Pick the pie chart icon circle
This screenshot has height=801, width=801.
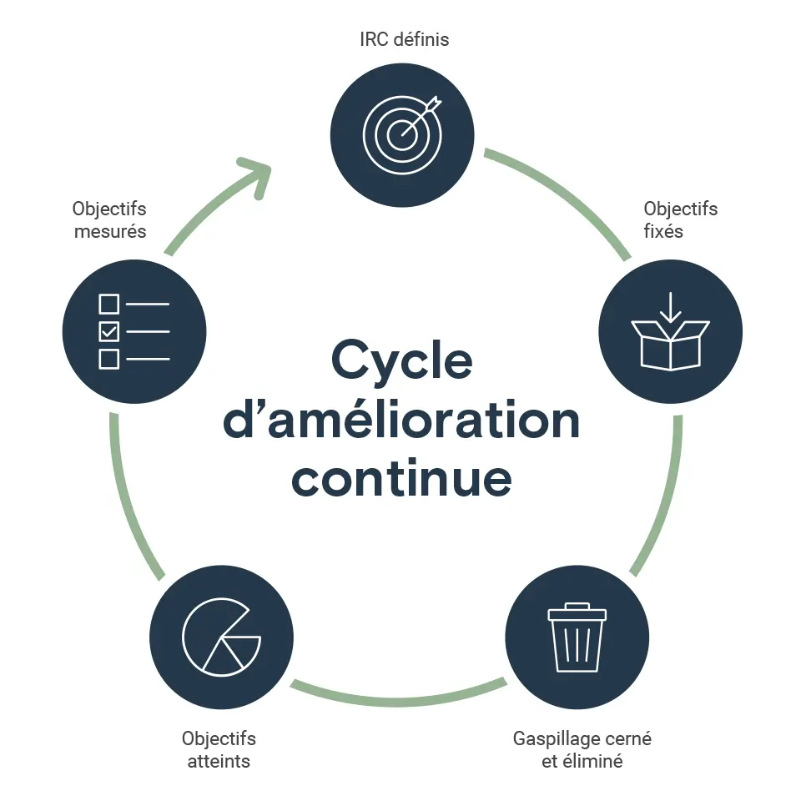point(221,636)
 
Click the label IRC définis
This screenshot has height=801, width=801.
point(402,39)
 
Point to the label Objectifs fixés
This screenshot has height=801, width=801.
point(680,219)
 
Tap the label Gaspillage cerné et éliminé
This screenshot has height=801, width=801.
point(582,749)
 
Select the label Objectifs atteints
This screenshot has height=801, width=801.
point(219,749)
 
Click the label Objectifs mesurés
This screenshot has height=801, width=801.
point(109,219)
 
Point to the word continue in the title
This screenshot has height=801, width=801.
point(401,477)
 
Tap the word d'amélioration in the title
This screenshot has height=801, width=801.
point(401,420)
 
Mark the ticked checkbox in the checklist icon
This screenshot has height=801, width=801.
point(109,331)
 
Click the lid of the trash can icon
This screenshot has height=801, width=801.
point(577,614)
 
